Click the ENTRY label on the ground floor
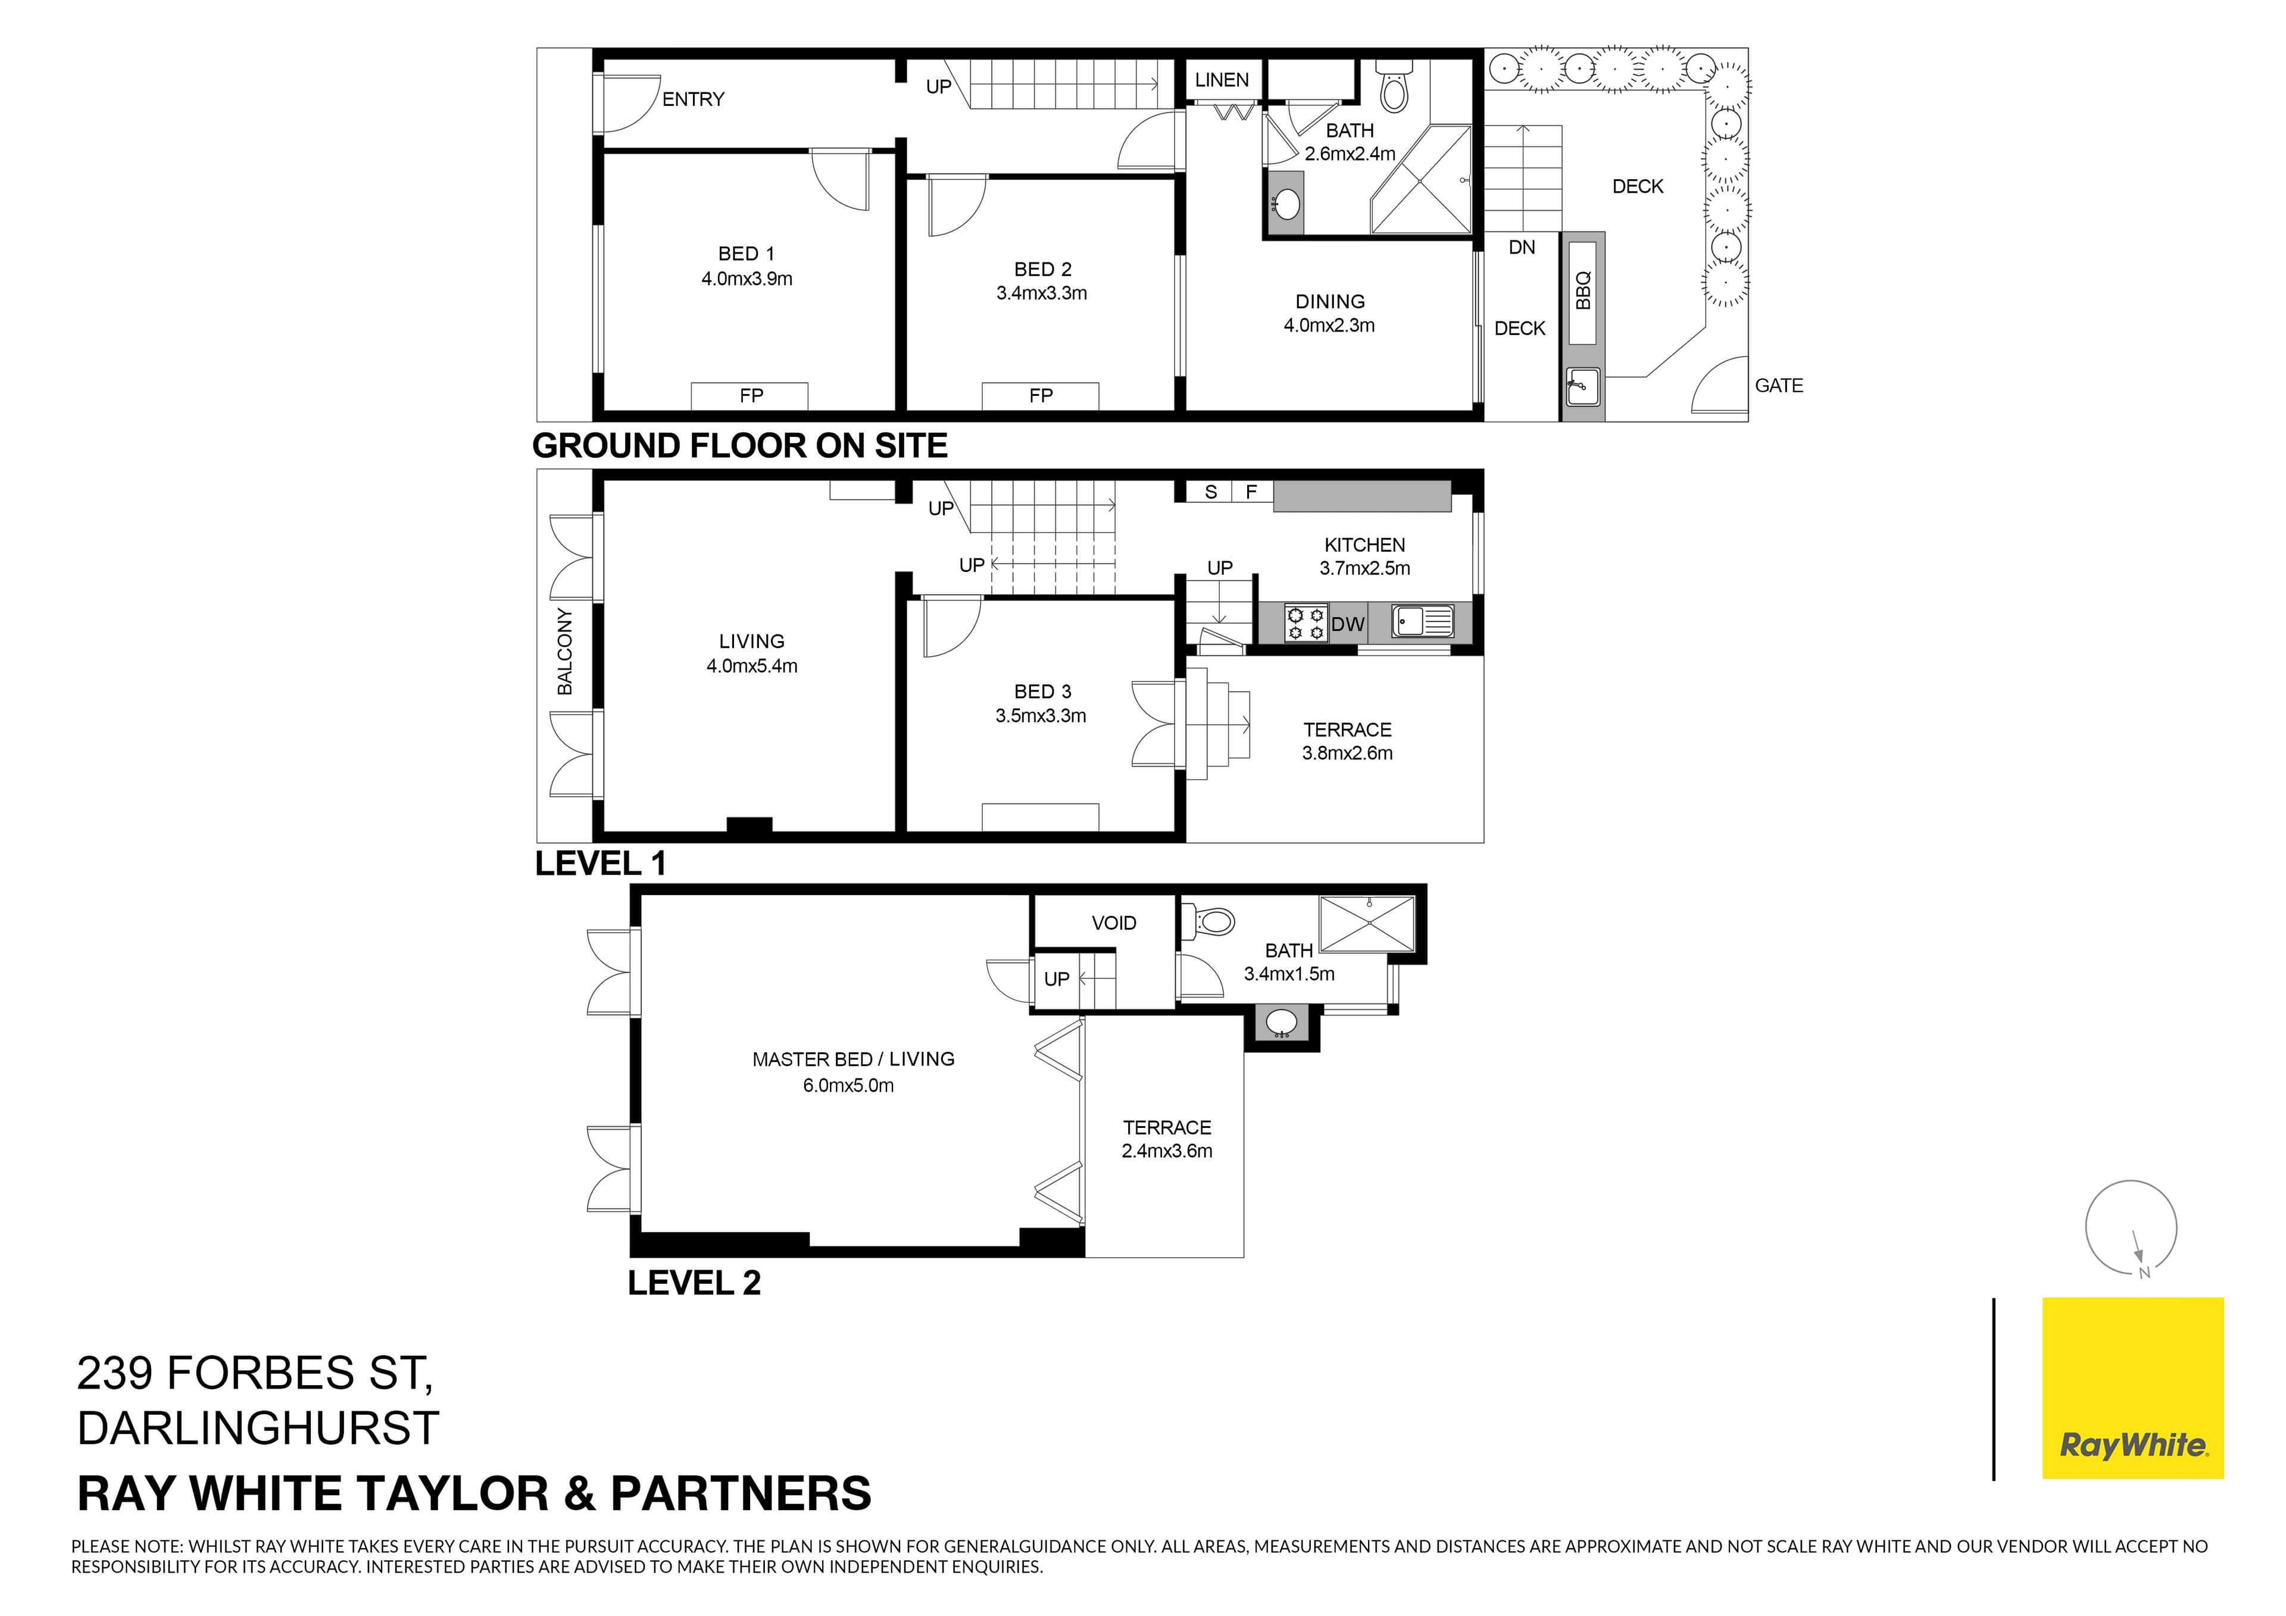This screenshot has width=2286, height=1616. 693,99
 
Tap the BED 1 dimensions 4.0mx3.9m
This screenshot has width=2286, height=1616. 747,279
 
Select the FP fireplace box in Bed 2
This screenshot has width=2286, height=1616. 1041,395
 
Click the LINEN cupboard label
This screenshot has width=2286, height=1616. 1222,80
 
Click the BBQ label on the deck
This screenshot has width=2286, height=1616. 1583,290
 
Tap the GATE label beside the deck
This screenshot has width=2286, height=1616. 1778,385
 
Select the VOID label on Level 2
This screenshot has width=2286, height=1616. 1113,923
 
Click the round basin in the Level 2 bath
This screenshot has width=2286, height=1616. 1281,1023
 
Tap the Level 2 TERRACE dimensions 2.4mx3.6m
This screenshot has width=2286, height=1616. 1167,1151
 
